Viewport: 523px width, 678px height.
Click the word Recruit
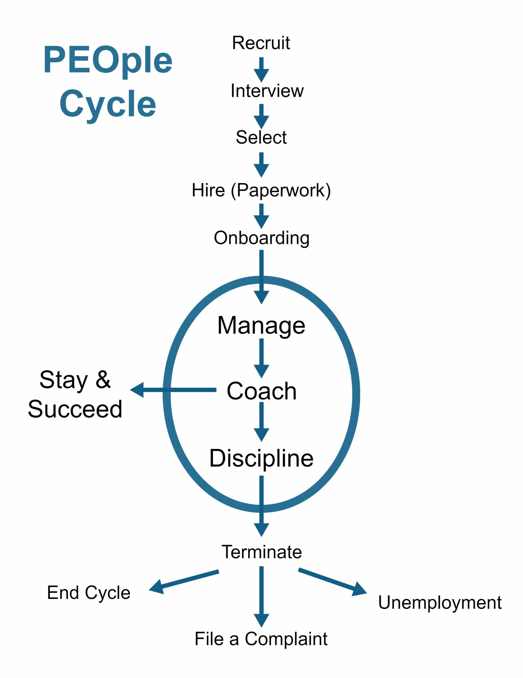coord(261,43)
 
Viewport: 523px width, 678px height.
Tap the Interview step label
coord(267,91)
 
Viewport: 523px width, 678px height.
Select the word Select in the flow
coord(261,137)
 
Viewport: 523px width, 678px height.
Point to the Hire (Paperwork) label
coord(261,191)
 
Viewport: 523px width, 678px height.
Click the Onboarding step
coord(262,238)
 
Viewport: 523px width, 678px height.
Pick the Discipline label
coord(261,458)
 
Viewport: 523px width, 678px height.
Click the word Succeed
coord(75,409)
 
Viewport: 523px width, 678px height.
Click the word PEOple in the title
coord(108,61)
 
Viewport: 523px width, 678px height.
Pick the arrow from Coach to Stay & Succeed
coord(173,390)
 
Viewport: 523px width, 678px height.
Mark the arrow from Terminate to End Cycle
coord(184,582)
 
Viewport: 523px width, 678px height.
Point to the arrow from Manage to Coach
coord(261,358)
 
